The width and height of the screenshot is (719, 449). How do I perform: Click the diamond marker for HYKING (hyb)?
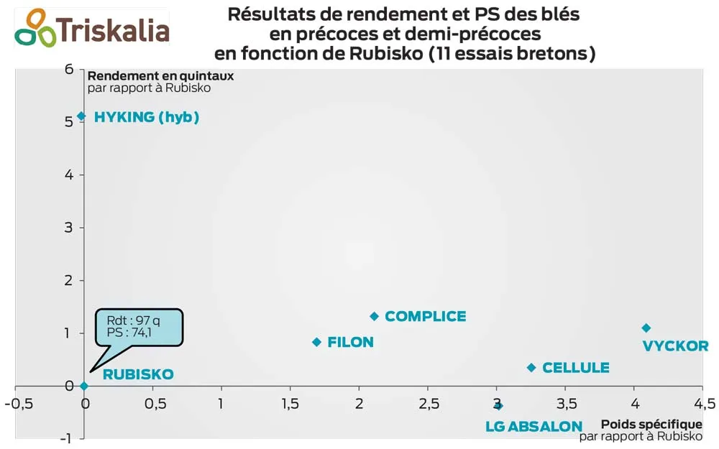point(81,116)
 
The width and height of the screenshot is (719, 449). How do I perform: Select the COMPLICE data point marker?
point(374,316)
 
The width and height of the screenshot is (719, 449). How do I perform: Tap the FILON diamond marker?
point(316,342)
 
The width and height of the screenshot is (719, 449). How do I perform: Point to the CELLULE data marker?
point(531,368)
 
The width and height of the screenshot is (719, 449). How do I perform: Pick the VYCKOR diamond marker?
point(646,328)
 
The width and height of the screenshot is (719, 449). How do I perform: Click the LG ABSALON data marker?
point(498,406)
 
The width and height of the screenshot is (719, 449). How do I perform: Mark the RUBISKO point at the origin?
point(83,386)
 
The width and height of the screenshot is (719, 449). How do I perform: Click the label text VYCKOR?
point(675,346)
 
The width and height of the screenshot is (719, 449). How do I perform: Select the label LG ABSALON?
point(533,427)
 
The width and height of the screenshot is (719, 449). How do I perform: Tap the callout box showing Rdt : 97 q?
point(140,326)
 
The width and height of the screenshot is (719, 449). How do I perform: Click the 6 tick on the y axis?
point(69,69)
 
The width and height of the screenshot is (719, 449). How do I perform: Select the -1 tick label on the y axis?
point(66,438)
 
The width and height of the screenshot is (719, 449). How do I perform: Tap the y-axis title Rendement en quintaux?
point(160,75)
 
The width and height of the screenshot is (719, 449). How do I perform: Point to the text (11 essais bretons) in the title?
point(511,54)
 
